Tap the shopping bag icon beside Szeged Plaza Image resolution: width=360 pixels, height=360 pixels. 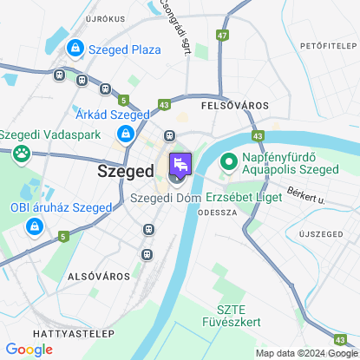coord(75,49)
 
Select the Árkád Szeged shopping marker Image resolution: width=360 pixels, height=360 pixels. coord(127,134)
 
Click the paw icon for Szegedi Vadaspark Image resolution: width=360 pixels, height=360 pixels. coord(20,154)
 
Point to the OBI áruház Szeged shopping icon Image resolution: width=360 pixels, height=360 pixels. coord(33,227)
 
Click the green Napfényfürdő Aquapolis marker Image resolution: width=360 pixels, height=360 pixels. coord(229,161)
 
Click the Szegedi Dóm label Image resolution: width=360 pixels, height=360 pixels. coord(165,198)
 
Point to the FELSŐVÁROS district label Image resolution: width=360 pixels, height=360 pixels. coord(234,104)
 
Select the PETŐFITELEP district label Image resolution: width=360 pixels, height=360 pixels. coord(328,44)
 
